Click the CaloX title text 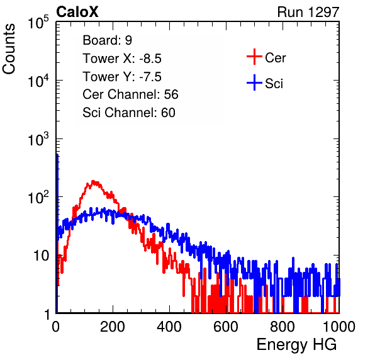tap(77, 12)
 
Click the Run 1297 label tap(308, 12)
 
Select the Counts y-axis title tap(9, 49)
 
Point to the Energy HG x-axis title tap(296, 345)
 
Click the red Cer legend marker tap(254, 57)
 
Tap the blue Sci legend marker tap(254, 82)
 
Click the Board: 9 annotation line tap(107, 40)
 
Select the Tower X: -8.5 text tap(122, 59)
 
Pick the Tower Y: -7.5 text tap(122, 77)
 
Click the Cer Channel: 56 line tap(130, 94)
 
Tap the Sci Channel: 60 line tap(129, 113)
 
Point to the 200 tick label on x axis tap(113, 327)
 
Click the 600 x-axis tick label tap(226, 327)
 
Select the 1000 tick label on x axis tap(339, 327)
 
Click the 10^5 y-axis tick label tap(38, 23)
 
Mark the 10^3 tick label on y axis tap(38, 139)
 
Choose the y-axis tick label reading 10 tap(42, 256)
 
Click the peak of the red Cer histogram tap(93, 181)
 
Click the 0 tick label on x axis tap(56, 327)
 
